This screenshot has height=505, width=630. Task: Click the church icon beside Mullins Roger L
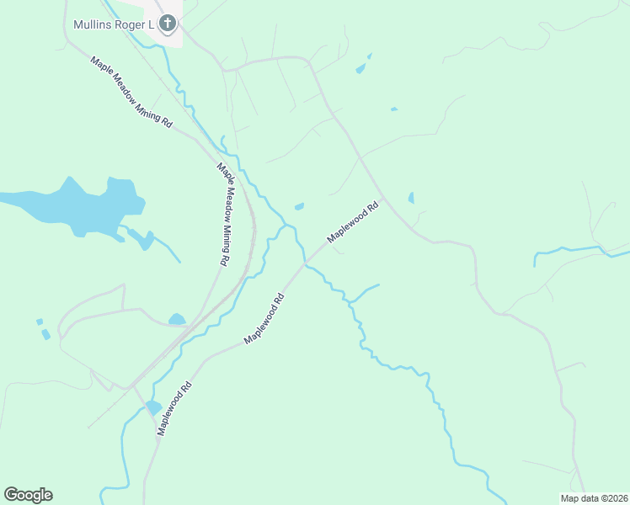[168, 24]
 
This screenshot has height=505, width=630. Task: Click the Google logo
[28, 495]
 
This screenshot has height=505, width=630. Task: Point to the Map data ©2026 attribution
[594, 498]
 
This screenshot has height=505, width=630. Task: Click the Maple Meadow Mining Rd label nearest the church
[131, 93]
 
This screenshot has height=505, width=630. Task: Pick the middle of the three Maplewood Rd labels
[264, 317]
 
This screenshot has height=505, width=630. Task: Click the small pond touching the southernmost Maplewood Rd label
[152, 407]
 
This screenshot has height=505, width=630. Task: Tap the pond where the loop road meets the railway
[177, 319]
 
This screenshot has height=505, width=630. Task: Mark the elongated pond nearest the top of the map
[362, 66]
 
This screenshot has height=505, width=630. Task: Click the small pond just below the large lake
[146, 241]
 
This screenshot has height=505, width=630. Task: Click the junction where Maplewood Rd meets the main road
[383, 199]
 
